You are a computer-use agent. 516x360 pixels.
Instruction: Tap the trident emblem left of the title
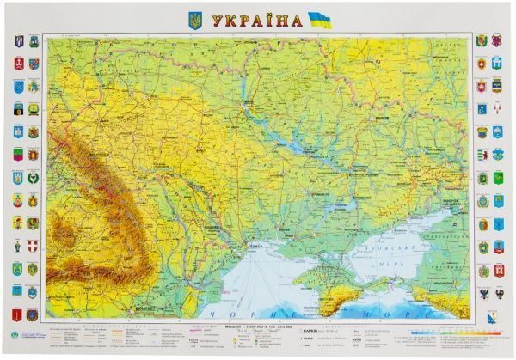194,19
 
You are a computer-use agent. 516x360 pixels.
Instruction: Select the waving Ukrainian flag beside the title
319,19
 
